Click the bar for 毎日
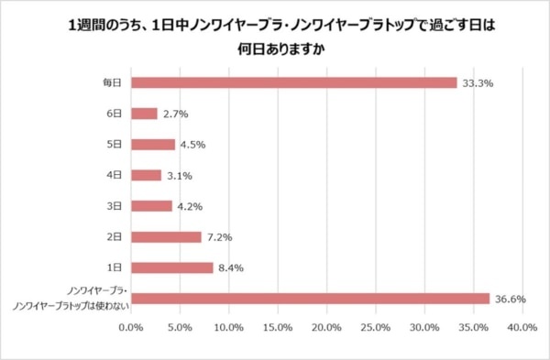click(293, 82)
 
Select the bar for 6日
click(145, 114)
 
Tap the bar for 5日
click(153, 145)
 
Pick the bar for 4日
click(147, 175)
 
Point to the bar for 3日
click(152, 206)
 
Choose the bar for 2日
click(167, 237)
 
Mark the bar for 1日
click(172, 267)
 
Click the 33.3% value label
click(477, 82)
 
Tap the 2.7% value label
click(175, 114)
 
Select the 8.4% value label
click(231, 267)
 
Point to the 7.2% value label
click(219, 237)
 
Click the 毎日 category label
click(113, 82)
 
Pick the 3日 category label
click(115, 206)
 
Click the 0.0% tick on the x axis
click(132, 327)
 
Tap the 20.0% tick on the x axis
click(326, 327)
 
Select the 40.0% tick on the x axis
click(521, 327)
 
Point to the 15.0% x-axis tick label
click(278, 327)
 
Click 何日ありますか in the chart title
click(275, 50)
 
